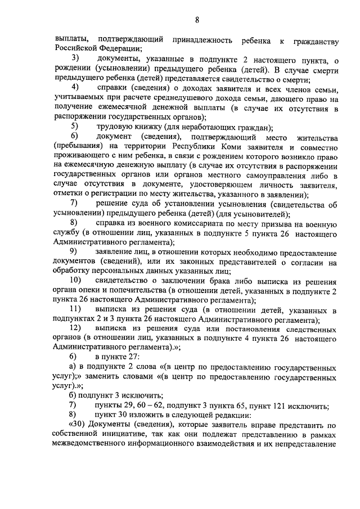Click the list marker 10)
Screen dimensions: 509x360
[76, 280]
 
